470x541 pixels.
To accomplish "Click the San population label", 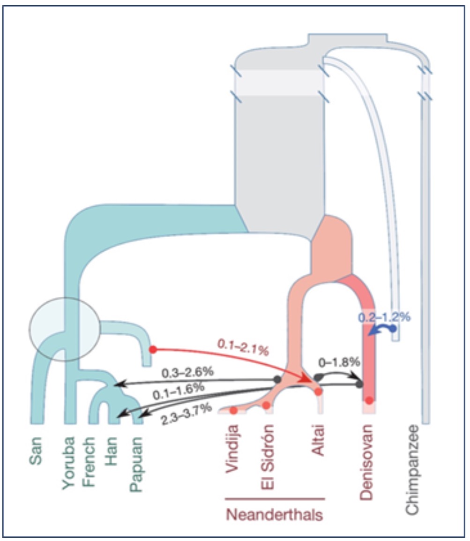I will tap(36, 451).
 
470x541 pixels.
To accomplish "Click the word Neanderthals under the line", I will tap(275, 515).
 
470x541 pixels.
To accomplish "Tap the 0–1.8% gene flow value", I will tap(339, 361).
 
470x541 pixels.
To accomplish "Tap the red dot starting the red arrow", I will tap(153, 350).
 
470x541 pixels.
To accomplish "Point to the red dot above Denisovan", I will tap(369, 400).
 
